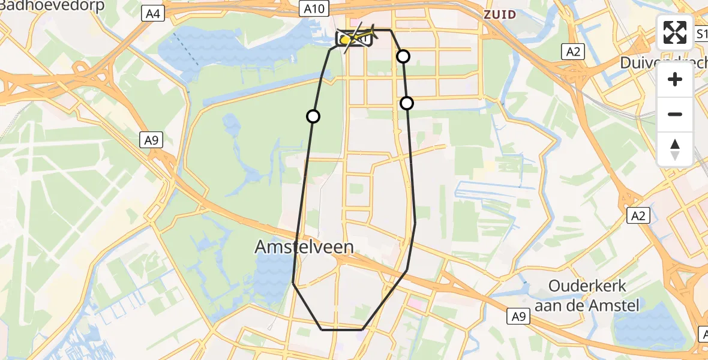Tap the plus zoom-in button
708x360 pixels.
point(675,79)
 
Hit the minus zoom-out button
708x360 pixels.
point(675,114)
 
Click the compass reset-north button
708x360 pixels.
point(675,149)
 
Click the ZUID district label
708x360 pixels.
point(500,14)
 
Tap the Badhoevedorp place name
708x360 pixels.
point(52,6)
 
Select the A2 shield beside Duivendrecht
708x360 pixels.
point(574,51)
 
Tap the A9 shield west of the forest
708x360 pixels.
point(152,140)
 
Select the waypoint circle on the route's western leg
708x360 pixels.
point(313,116)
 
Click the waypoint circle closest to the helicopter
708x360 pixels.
point(403,56)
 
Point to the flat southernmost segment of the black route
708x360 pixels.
point(342,329)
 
